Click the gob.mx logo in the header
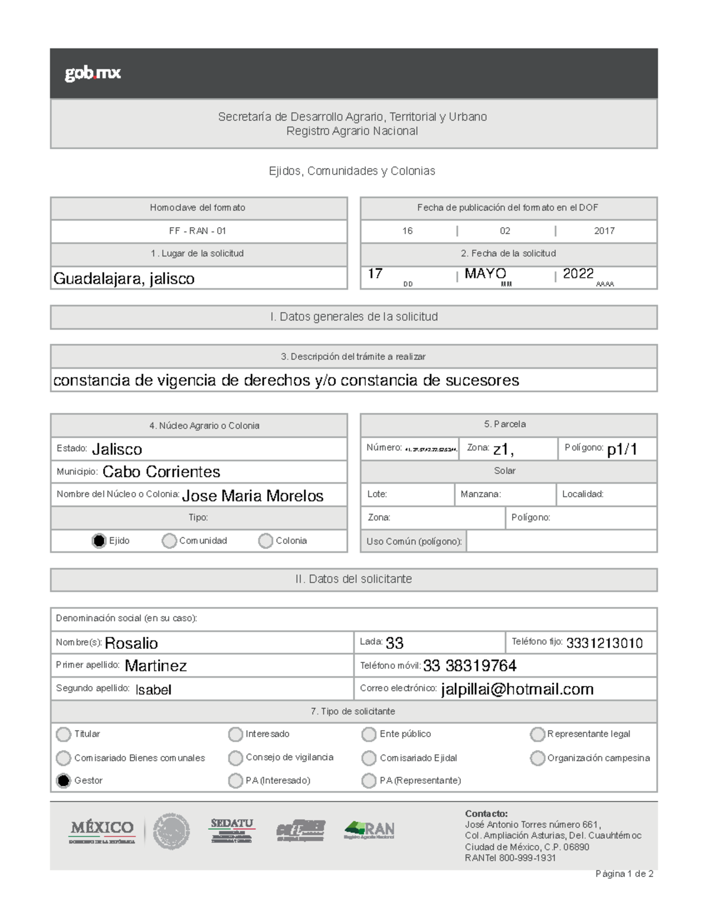pos(93,73)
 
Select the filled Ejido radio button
pos(99,541)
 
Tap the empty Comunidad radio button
pos(169,541)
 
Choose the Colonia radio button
pos(265,541)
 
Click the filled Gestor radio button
pos(63,780)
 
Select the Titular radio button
pos(63,734)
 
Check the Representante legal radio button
pos(537,734)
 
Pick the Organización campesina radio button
pos(537,758)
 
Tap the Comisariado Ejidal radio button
pos(369,758)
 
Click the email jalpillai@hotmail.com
pos(517,690)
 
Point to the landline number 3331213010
pos(604,643)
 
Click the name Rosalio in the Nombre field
pos(131,643)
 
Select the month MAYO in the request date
pos(485,274)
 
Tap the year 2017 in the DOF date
pos(604,231)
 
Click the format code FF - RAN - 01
pos(198,231)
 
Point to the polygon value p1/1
pos(622,449)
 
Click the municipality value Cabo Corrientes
pos(161,472)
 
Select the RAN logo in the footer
pos(369,830)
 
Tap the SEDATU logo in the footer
pos(232,830)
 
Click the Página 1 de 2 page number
pos(624,874)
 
